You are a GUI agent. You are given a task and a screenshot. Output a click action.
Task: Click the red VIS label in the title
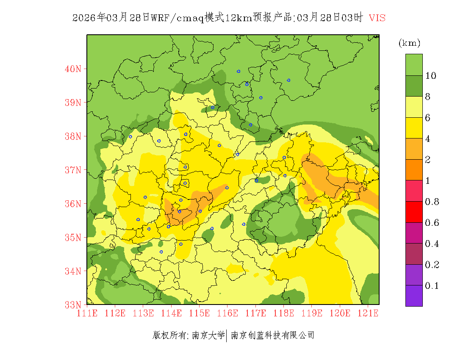click(x=377, y=18)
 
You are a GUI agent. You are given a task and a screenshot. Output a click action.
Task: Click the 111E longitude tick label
click(x=87, y=313)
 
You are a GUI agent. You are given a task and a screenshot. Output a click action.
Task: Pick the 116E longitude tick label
click(x=227, y=313)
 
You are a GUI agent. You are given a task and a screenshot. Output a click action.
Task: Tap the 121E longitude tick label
click(x=368, y=313)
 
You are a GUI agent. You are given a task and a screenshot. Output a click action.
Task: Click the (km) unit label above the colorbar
click(x=409, y=43)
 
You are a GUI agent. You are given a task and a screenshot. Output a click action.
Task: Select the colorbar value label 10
click(x=431, y=76)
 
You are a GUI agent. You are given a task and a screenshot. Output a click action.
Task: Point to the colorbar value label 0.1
click(x=432, y=286)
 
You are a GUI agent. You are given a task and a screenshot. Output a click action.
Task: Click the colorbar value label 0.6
click(x=432, y=223)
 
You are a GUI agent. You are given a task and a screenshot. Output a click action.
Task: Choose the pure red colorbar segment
click(x=414, y=212)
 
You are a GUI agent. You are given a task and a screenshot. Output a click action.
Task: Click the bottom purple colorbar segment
click(x=414, y=296)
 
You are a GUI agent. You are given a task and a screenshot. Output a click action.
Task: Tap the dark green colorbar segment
click(x=414, y=86)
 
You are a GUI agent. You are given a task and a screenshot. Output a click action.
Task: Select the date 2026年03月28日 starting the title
click(x=111, y=18)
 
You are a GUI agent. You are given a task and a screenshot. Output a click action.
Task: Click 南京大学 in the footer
click(x=208, y=335)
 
